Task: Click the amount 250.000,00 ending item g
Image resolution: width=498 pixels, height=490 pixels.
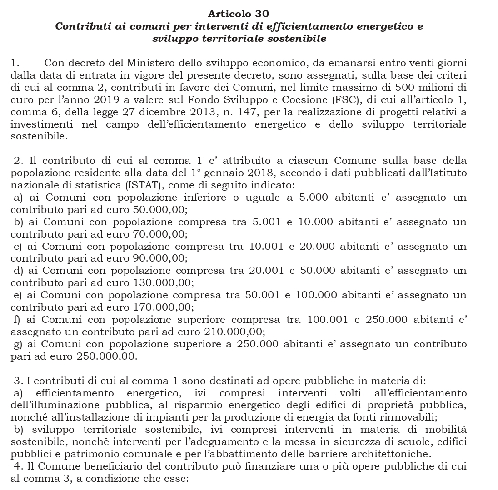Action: pyautogui.click(x=105, y=357)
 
